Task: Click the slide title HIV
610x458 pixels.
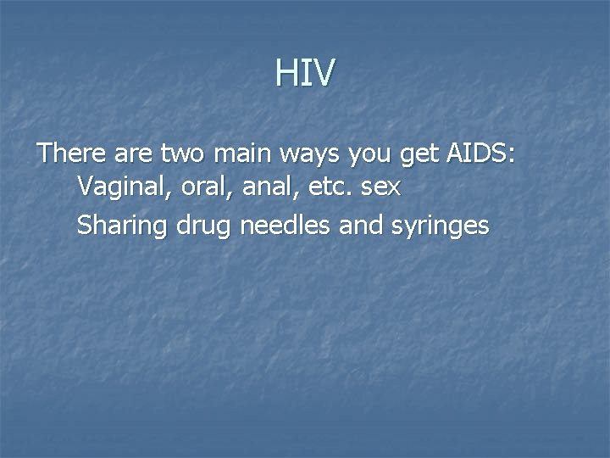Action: pyautogui.click(x=305, y=73)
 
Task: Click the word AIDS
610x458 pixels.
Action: pyautogui.click(x=480, y=154)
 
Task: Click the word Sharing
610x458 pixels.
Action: pyautogui.click(x=122, y=226)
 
